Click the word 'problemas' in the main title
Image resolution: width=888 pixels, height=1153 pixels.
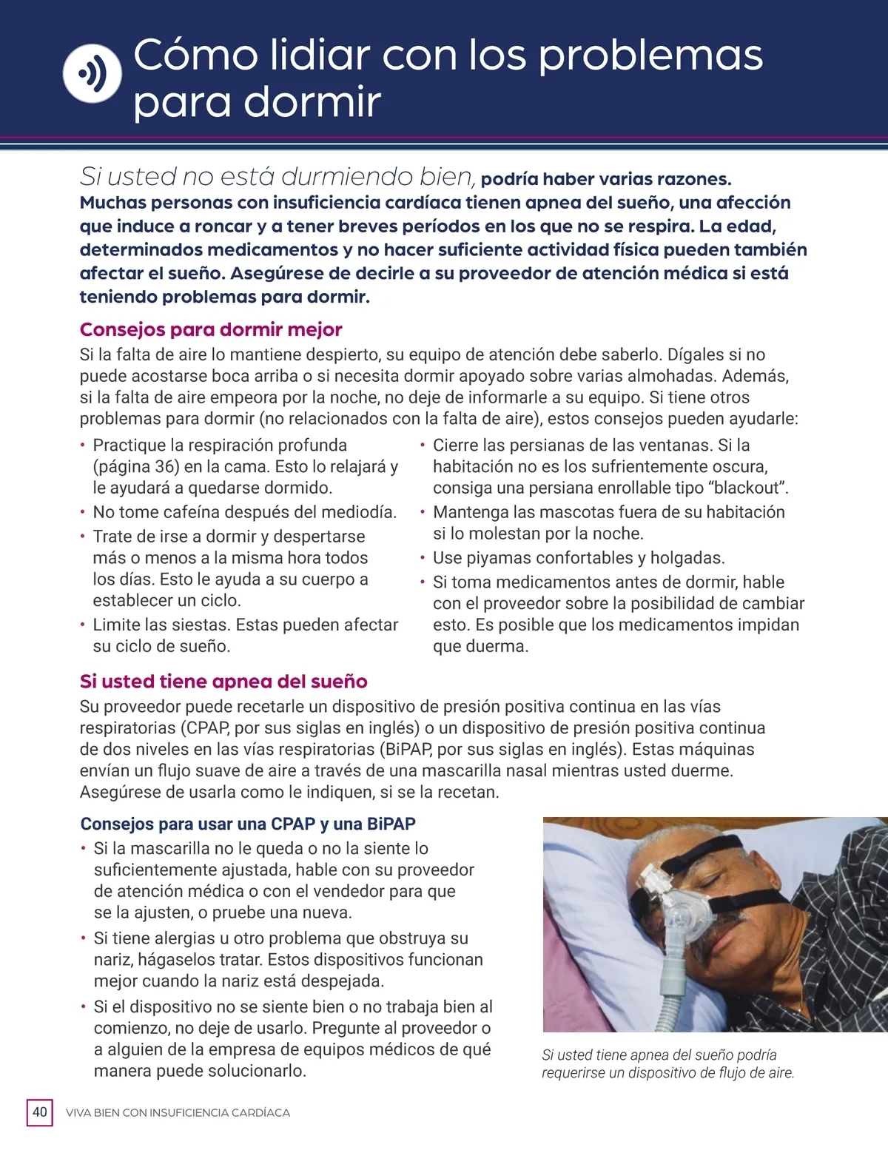pyautogui.click(x=650, y=56)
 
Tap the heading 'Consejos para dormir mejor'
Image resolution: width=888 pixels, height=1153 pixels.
pyautogui.click(x=211, y=329)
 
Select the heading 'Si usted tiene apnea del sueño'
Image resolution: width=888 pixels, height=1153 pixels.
pyautogui.click(x=223, y=681)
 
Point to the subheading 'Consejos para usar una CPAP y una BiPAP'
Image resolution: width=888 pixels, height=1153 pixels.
pyautogui.click(x=248, y=824)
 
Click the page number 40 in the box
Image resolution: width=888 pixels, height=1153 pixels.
pyautogui.click(x=40, y=1112)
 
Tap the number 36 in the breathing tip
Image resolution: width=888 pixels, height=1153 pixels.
pyautogui.click(x=166, y=466)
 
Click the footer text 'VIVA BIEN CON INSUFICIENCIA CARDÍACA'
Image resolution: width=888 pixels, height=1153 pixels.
pyautogui.click(x=178, y=1112)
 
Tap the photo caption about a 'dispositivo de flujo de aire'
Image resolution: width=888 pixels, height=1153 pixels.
pyautogui.click(x=667, y=1063)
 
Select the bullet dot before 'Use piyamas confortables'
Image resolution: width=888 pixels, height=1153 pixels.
pyautogui.click(x=423, y=558)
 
